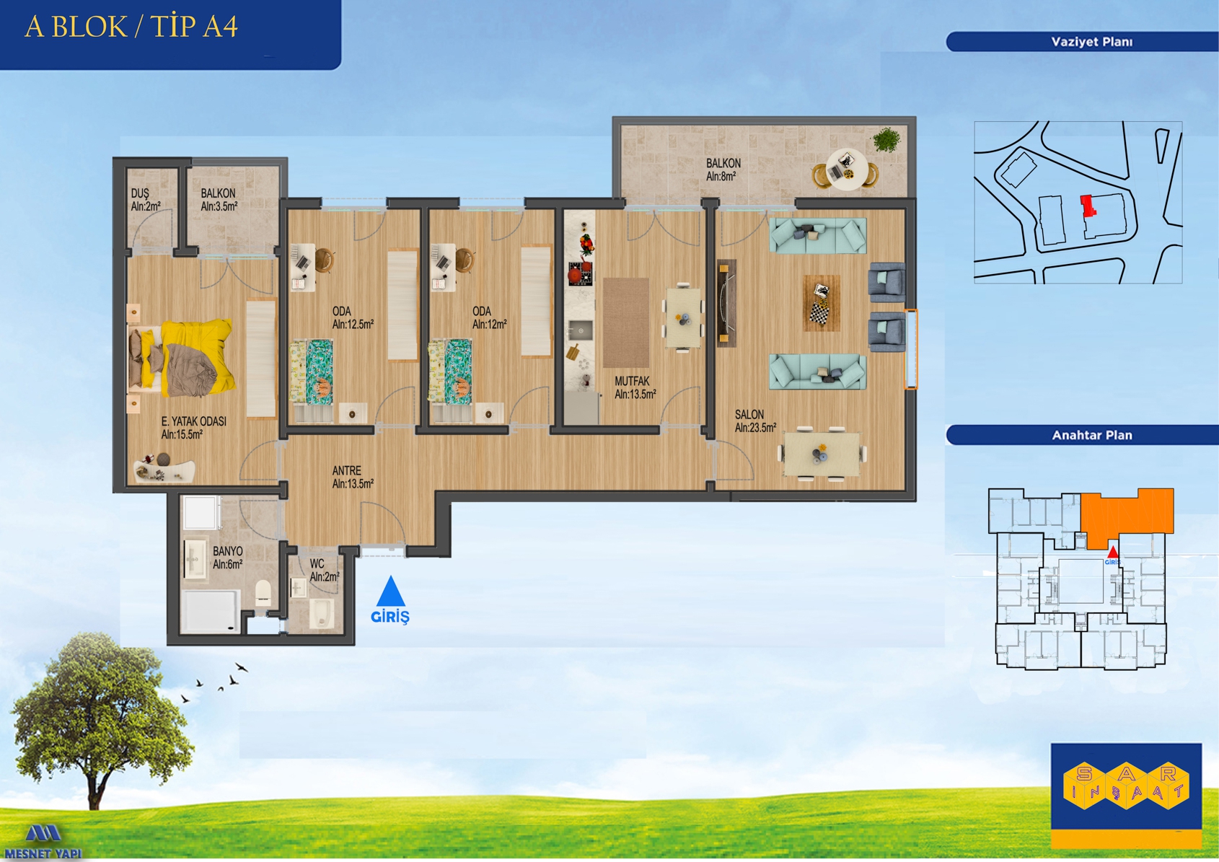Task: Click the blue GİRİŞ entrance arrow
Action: pyautogui.click(x=390, y=591)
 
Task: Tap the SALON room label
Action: pyautogui.click(x=749, y=414)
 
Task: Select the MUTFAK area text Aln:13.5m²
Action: pyautogui.click(x=635, y=395)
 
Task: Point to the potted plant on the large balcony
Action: pyautogui.click(x=886, y=139)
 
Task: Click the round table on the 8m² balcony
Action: pyautogui.click(x=847, y=170)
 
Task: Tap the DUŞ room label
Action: pyautogui.click(x=140, y=193)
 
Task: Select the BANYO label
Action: pyautogui.click(x=227, y=551)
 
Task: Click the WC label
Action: pyautogui.click(x=317, y=564)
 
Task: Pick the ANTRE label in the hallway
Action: pyautogui.click(x=346, y=470)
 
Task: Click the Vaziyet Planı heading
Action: pyautogui.click(x=1091, y=42)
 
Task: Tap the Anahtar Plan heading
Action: pyautogui.click(x=1091, y=436)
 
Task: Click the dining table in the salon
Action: pyautogui.click(x=822, y=454)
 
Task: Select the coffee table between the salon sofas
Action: pyautogui.click(x=822, y=302)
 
